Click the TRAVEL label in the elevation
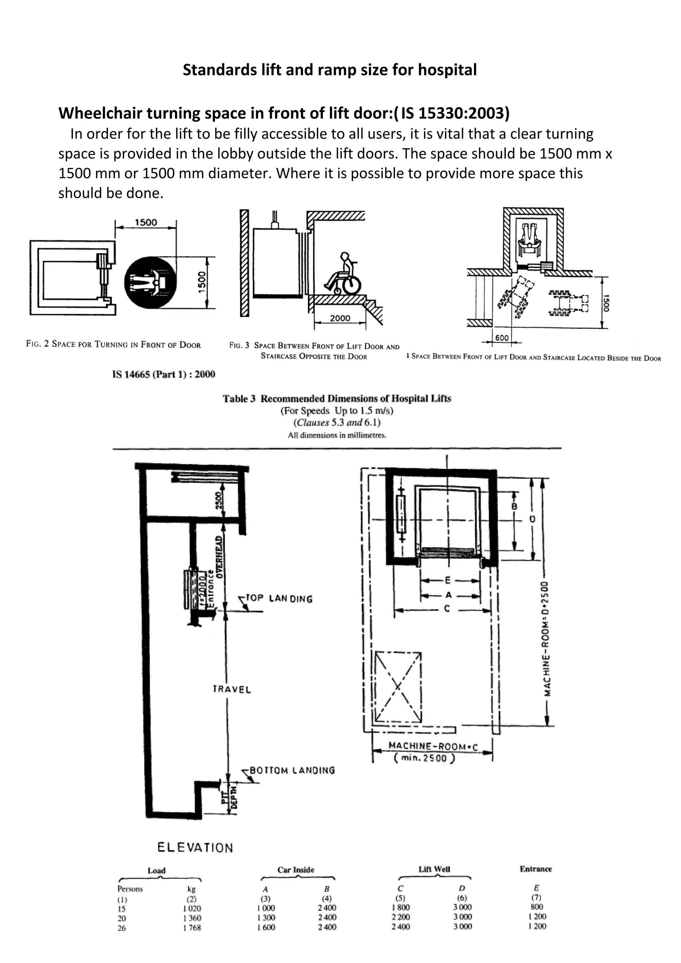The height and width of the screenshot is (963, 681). (232, 689)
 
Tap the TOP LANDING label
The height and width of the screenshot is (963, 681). (279, 599)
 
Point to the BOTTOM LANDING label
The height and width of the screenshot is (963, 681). (292, 770)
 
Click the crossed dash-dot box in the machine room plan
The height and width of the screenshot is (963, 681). (398, 687)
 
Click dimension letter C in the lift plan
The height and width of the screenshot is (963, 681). (447, 609)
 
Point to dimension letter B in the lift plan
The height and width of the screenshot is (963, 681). (514, 507)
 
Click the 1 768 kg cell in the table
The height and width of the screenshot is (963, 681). (192, 928)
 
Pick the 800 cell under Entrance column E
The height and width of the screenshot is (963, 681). (536, 907)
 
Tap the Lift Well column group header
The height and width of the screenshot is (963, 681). (434, 870)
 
